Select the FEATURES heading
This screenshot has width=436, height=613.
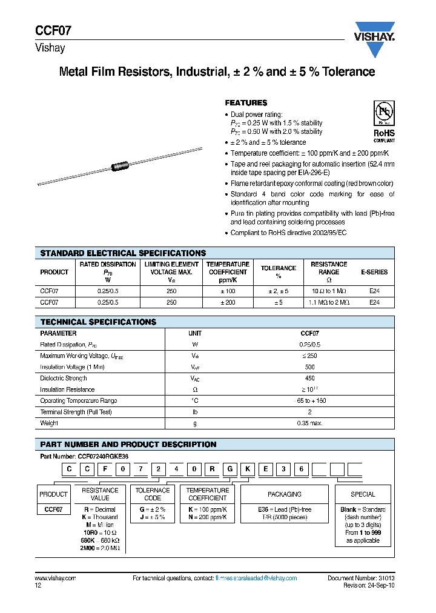point(246,103)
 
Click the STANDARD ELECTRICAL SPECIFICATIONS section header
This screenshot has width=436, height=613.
point(122,253)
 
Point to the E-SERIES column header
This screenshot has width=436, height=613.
point(374,272)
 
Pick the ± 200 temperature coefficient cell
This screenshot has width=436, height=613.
point(227,302)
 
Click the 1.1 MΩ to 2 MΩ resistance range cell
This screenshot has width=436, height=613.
point(329,302)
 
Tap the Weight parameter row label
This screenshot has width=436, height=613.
point(49,423)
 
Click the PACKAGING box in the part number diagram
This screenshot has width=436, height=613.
point(284,494)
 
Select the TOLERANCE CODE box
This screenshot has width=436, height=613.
point(153,494)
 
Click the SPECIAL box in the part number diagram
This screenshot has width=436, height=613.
point(363,494)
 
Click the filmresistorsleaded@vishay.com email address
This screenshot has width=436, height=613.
point(256,578)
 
